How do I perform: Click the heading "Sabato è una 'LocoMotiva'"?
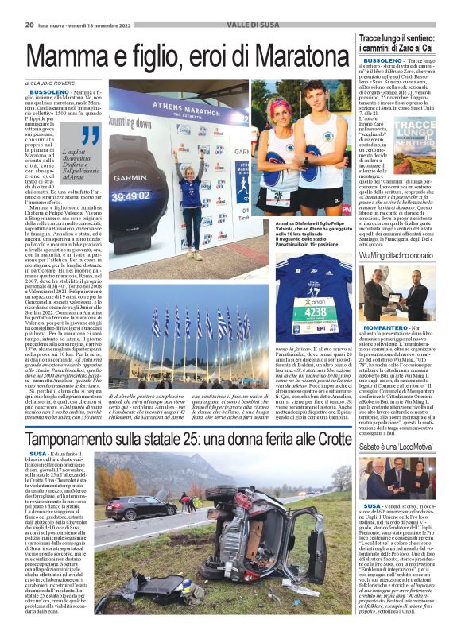point(395,448)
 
